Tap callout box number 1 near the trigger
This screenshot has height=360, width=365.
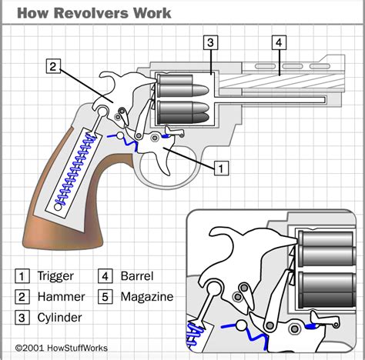click(220, 166)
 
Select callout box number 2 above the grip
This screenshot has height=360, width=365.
click(53, 66)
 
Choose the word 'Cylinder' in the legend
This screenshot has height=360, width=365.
click(61, 316)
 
